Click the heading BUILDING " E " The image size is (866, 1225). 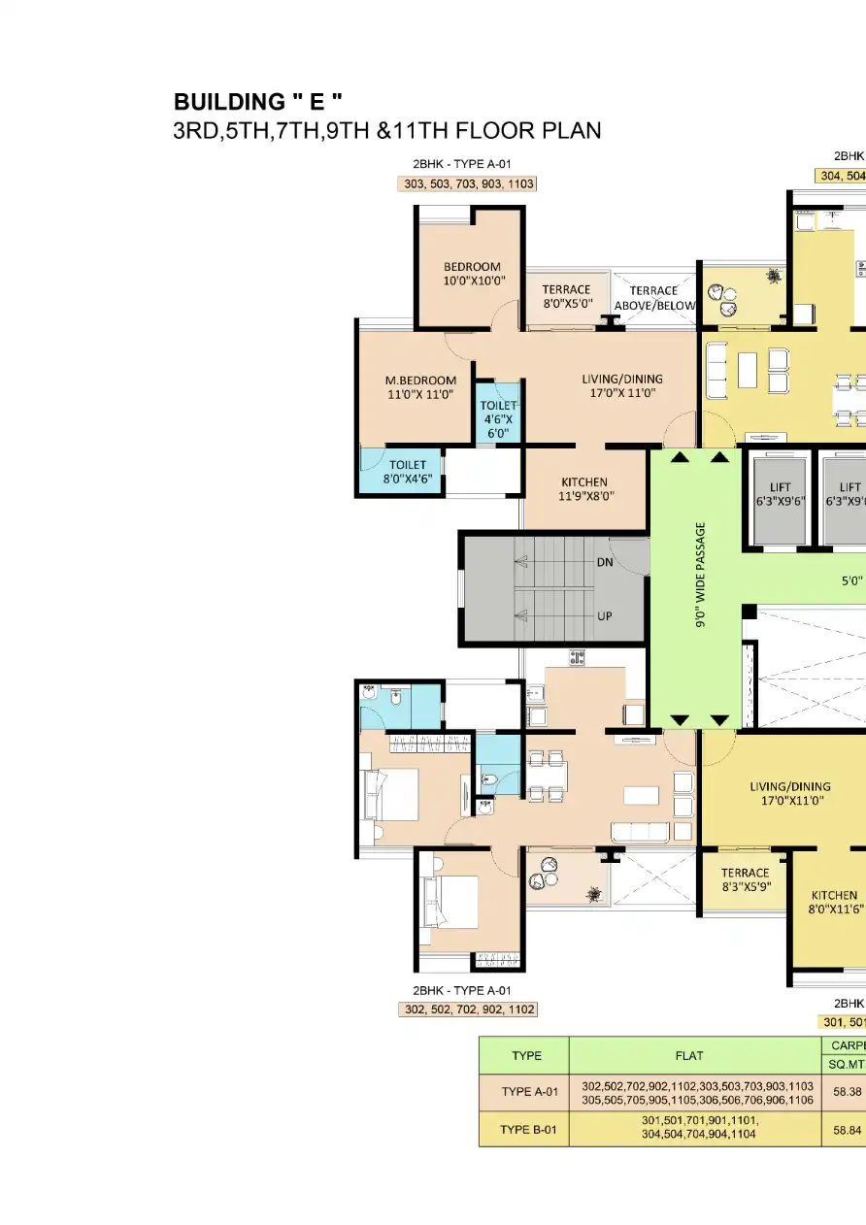(x=257, y=102)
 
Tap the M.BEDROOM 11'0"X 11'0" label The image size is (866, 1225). (x=421, y=387)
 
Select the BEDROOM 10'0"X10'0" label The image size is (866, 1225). (x=472, y=274)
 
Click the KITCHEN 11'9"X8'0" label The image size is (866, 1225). (x=584, y=488)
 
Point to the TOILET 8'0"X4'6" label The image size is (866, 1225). (x=408, y=472)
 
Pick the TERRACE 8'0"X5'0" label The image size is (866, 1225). (x=566, y=296)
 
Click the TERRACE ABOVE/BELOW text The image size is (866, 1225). (x=654, y=298)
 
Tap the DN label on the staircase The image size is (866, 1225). (x=604, y=562)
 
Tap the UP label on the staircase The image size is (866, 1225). (x=604, y=615)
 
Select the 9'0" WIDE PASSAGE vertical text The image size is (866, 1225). (x=700, y=577)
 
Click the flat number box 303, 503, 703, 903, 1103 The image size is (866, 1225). (x=467, y=183)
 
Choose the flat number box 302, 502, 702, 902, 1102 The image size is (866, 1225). (x=467, y=1010)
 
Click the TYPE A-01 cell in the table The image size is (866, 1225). (x=524, y=1092)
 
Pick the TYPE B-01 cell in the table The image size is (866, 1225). (x=524, y=1129)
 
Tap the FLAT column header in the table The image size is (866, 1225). (x=695, y=1055)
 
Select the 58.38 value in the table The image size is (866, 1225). (x=847, y=1092)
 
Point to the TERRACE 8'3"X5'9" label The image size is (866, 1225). (x=745, y=879)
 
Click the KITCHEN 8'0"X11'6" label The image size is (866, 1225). (x=834, y=902)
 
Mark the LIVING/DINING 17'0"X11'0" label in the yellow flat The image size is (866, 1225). (x=790, y=793)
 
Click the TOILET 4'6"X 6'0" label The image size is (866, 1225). (x=499, y=419)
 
